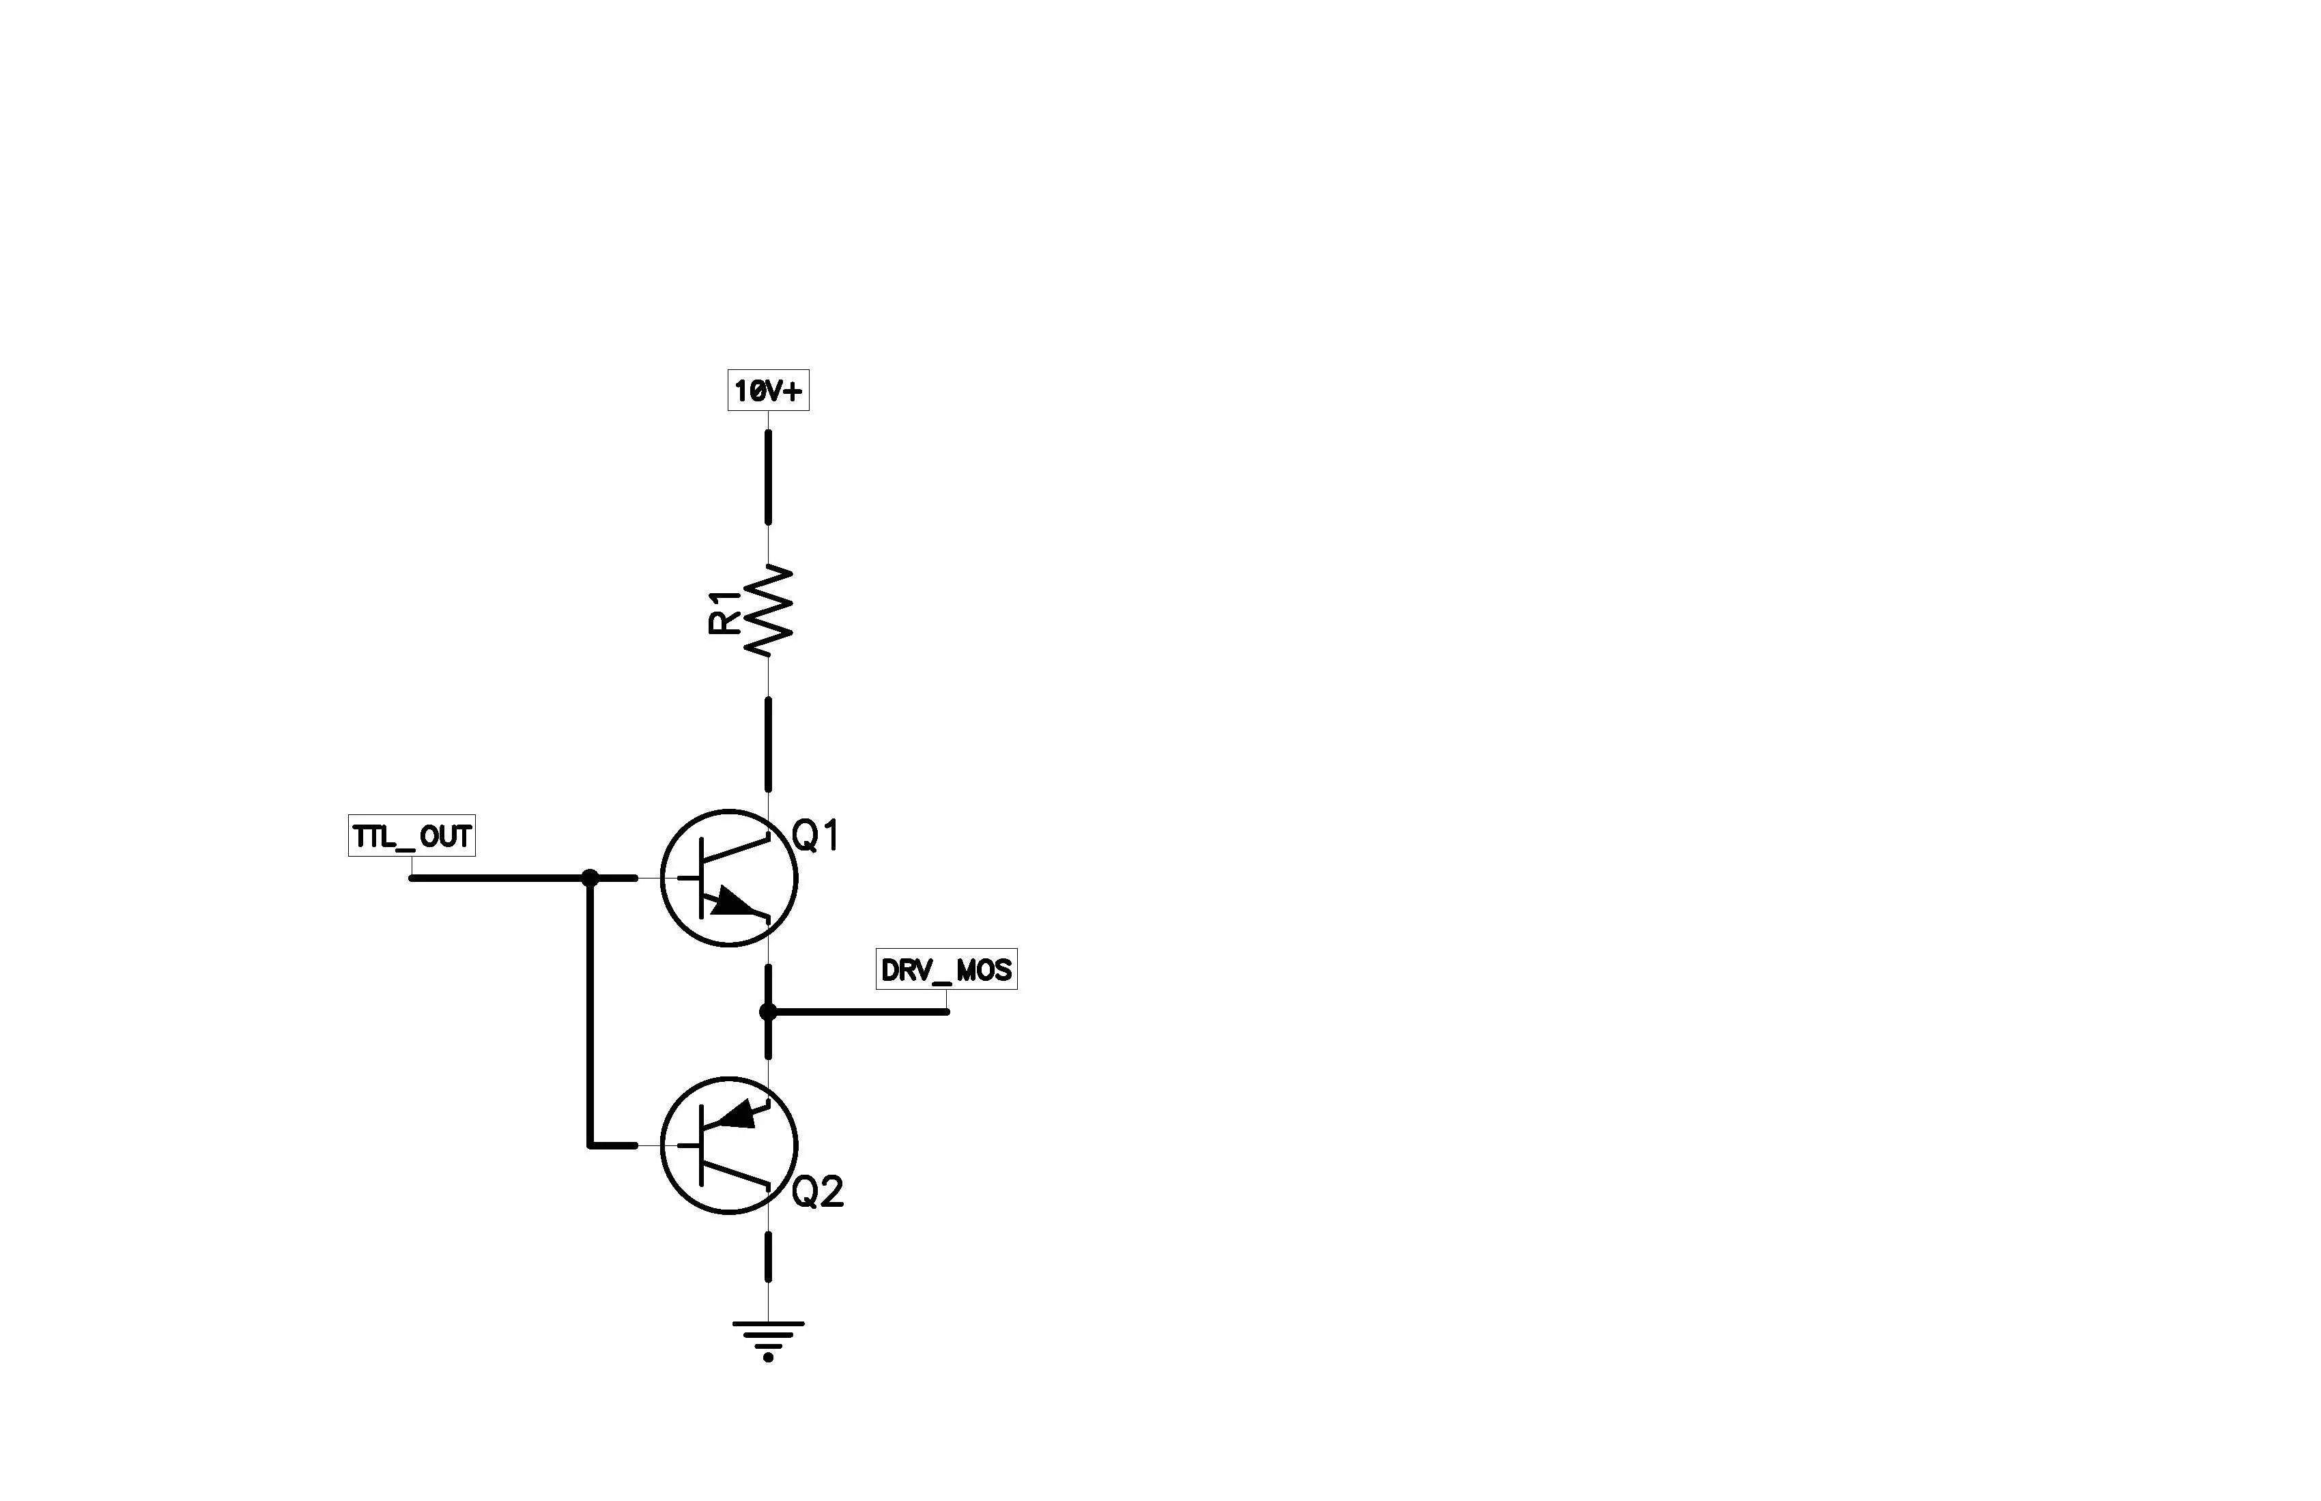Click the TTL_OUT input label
(x=412, y=836)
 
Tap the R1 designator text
(x=724, y=612)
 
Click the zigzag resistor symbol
(x=768, y=609)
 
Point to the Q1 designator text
(x=816, y=836)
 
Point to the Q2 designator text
(x=817, y=1192)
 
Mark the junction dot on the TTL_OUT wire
(x=590, y=878)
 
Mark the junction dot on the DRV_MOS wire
(x=768, y=1012)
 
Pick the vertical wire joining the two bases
(x=590, y=1012)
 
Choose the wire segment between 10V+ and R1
(x=768, y=478)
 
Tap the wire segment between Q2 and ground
(x=768, y=1257)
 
